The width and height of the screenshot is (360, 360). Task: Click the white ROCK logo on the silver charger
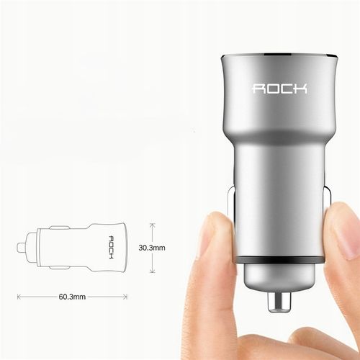pyautogui.click(x=279, y=89)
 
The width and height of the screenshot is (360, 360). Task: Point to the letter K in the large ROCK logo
pyautogui.click(x=301, y=89)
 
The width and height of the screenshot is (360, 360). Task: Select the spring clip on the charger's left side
pyautogui.click(x=232, y=216)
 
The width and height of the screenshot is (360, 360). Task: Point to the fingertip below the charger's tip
pyautogui.click(x=302, y=338)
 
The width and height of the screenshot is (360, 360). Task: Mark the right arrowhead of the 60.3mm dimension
pyautogui.click(x=127, y=295)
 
